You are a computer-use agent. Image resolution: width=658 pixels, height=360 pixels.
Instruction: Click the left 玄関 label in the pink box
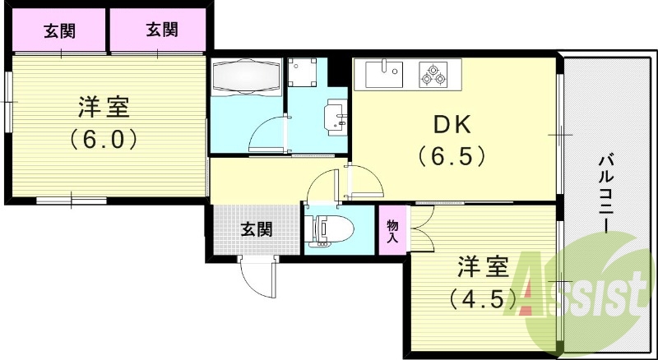59,32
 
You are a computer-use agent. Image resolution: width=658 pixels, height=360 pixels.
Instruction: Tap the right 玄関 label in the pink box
162,31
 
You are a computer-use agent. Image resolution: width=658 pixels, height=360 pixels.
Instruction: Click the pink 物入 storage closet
393,230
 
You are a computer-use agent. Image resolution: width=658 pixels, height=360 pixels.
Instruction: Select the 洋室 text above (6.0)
103,108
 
